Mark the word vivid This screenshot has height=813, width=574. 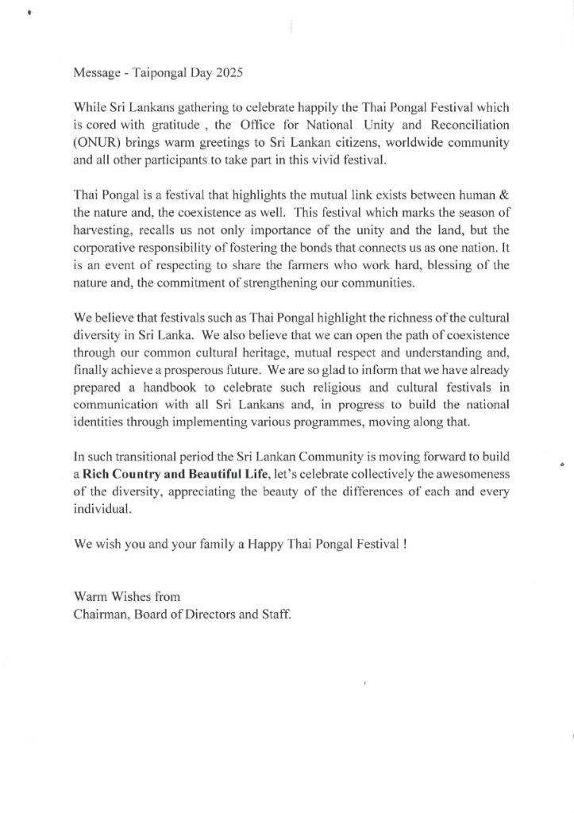coord(306,163)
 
